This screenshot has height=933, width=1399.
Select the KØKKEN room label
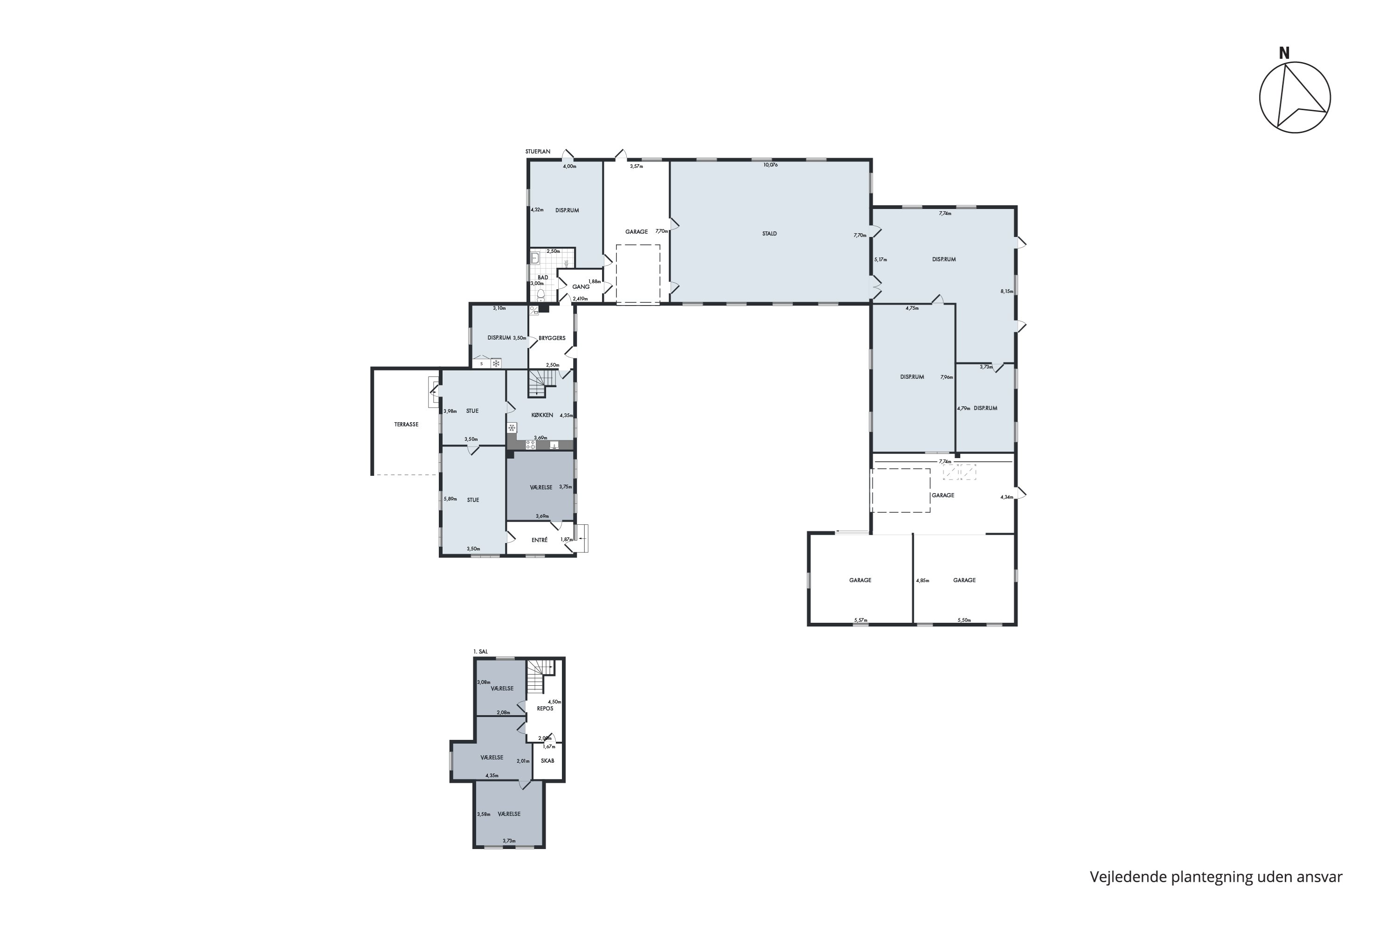coord(542,415)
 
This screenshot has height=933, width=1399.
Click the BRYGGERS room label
coord(552,338)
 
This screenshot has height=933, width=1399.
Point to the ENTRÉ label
coord(540,540)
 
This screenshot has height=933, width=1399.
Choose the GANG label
coord(581,287)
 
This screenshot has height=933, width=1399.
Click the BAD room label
coord(542,277)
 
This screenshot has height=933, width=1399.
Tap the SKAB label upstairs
coord(547,761)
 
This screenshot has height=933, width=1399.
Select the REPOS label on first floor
coord(545,709)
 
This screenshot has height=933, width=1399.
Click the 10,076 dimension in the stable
coord(770,165)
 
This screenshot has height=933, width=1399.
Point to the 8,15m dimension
coord(1006,292)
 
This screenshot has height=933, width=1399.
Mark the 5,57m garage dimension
coord(861,620)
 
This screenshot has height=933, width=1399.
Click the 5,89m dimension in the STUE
coord(450,499)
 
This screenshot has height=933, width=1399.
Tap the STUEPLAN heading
coord(538,152)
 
